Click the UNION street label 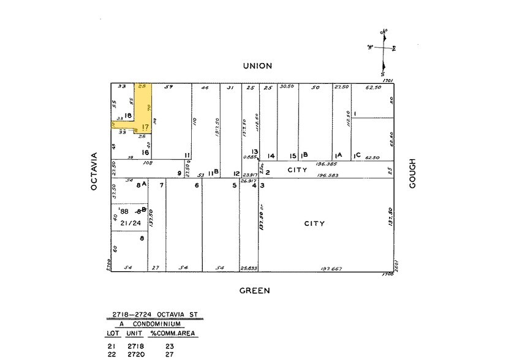pos(257,66)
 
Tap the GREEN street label pos(255,291)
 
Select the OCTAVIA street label pos(94,171)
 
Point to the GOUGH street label pos(412,174)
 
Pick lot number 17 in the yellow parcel pos(145,127)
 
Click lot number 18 pos(129,115)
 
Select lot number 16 pos(145,152)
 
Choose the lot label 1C pos(357,156)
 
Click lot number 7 pos(161,185)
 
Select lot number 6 pos(197,185)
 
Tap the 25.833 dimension pos(249,269)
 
